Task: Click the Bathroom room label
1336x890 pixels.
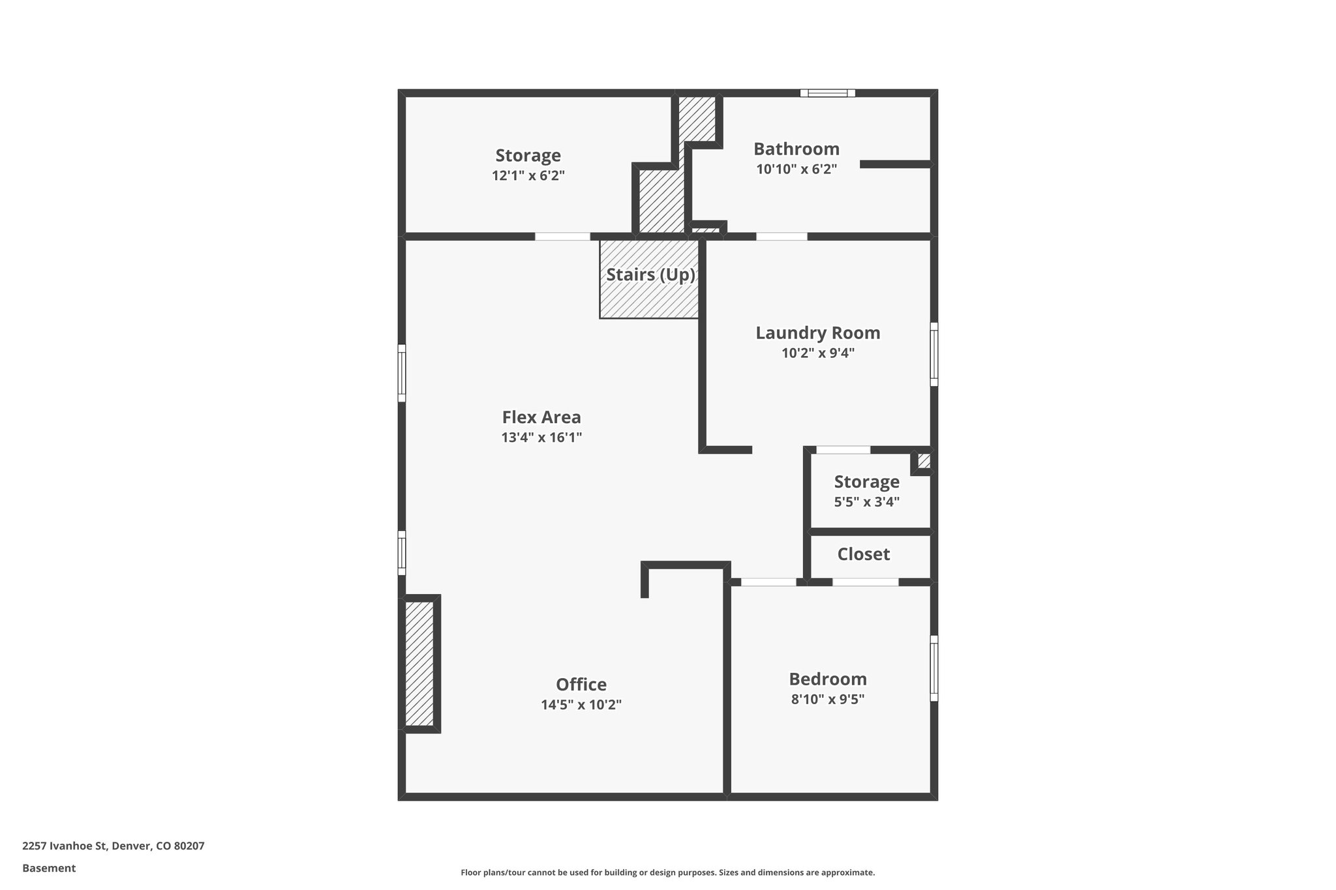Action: (x=796, y=149)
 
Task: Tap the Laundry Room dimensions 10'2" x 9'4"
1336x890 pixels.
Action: (x=818, y=353)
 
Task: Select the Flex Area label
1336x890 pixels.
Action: (x=541, y=417)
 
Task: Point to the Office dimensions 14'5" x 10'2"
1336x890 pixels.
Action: (x=581, y=705)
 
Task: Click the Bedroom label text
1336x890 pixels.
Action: (x=828, y=679)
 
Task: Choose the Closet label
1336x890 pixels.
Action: (x=864, y=554)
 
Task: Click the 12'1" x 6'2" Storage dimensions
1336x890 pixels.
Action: (x=528, y=176)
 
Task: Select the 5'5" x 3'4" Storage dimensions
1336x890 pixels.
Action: (x=866, y=502)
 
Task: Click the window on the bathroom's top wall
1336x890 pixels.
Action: (x=827, y=93)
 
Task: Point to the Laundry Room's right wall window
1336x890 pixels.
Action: (x=934, y=354)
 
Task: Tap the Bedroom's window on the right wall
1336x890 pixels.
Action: (x=934, y=668)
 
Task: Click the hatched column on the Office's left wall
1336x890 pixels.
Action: (x=419, y=663)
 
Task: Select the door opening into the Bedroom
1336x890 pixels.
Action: (x=768, y=582)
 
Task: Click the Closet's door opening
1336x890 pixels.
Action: (x=865, y=582)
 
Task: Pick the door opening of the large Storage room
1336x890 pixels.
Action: (x=562, y=237)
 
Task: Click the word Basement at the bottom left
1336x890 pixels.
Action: (x=49, y=868)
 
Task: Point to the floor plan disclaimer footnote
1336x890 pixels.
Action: (x=667, y=872)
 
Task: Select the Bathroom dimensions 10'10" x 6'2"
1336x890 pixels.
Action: (x=796, y=170)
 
